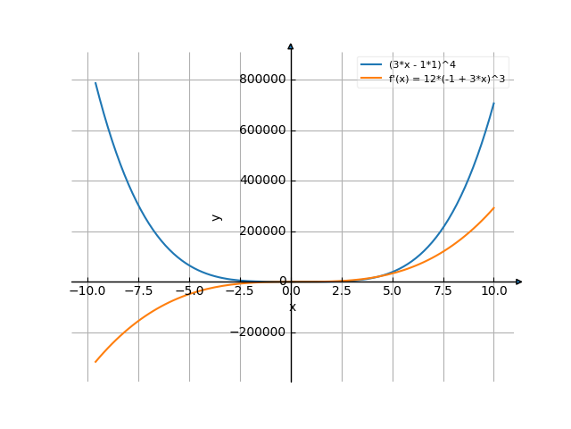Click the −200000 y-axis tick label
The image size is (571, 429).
point(261,332)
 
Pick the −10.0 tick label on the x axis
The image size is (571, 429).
point(87,290)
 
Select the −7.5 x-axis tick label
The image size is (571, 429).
point(138,290)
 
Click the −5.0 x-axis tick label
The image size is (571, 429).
point(189,290)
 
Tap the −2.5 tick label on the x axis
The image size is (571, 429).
point(240,290)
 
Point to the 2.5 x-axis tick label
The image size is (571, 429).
point(342,290)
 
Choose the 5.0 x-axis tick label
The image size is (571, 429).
point(393,290)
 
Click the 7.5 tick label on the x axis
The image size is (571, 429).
point(443,290)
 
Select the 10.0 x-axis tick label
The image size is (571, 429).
point(494,290)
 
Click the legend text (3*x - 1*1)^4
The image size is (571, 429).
point(423,65)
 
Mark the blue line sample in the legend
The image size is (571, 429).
point(370,65)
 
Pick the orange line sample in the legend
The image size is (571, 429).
point(370,80)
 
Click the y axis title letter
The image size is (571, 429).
point(217,216)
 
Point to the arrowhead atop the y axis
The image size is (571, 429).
point(291,46)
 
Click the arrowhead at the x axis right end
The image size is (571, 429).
point(519,282)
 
